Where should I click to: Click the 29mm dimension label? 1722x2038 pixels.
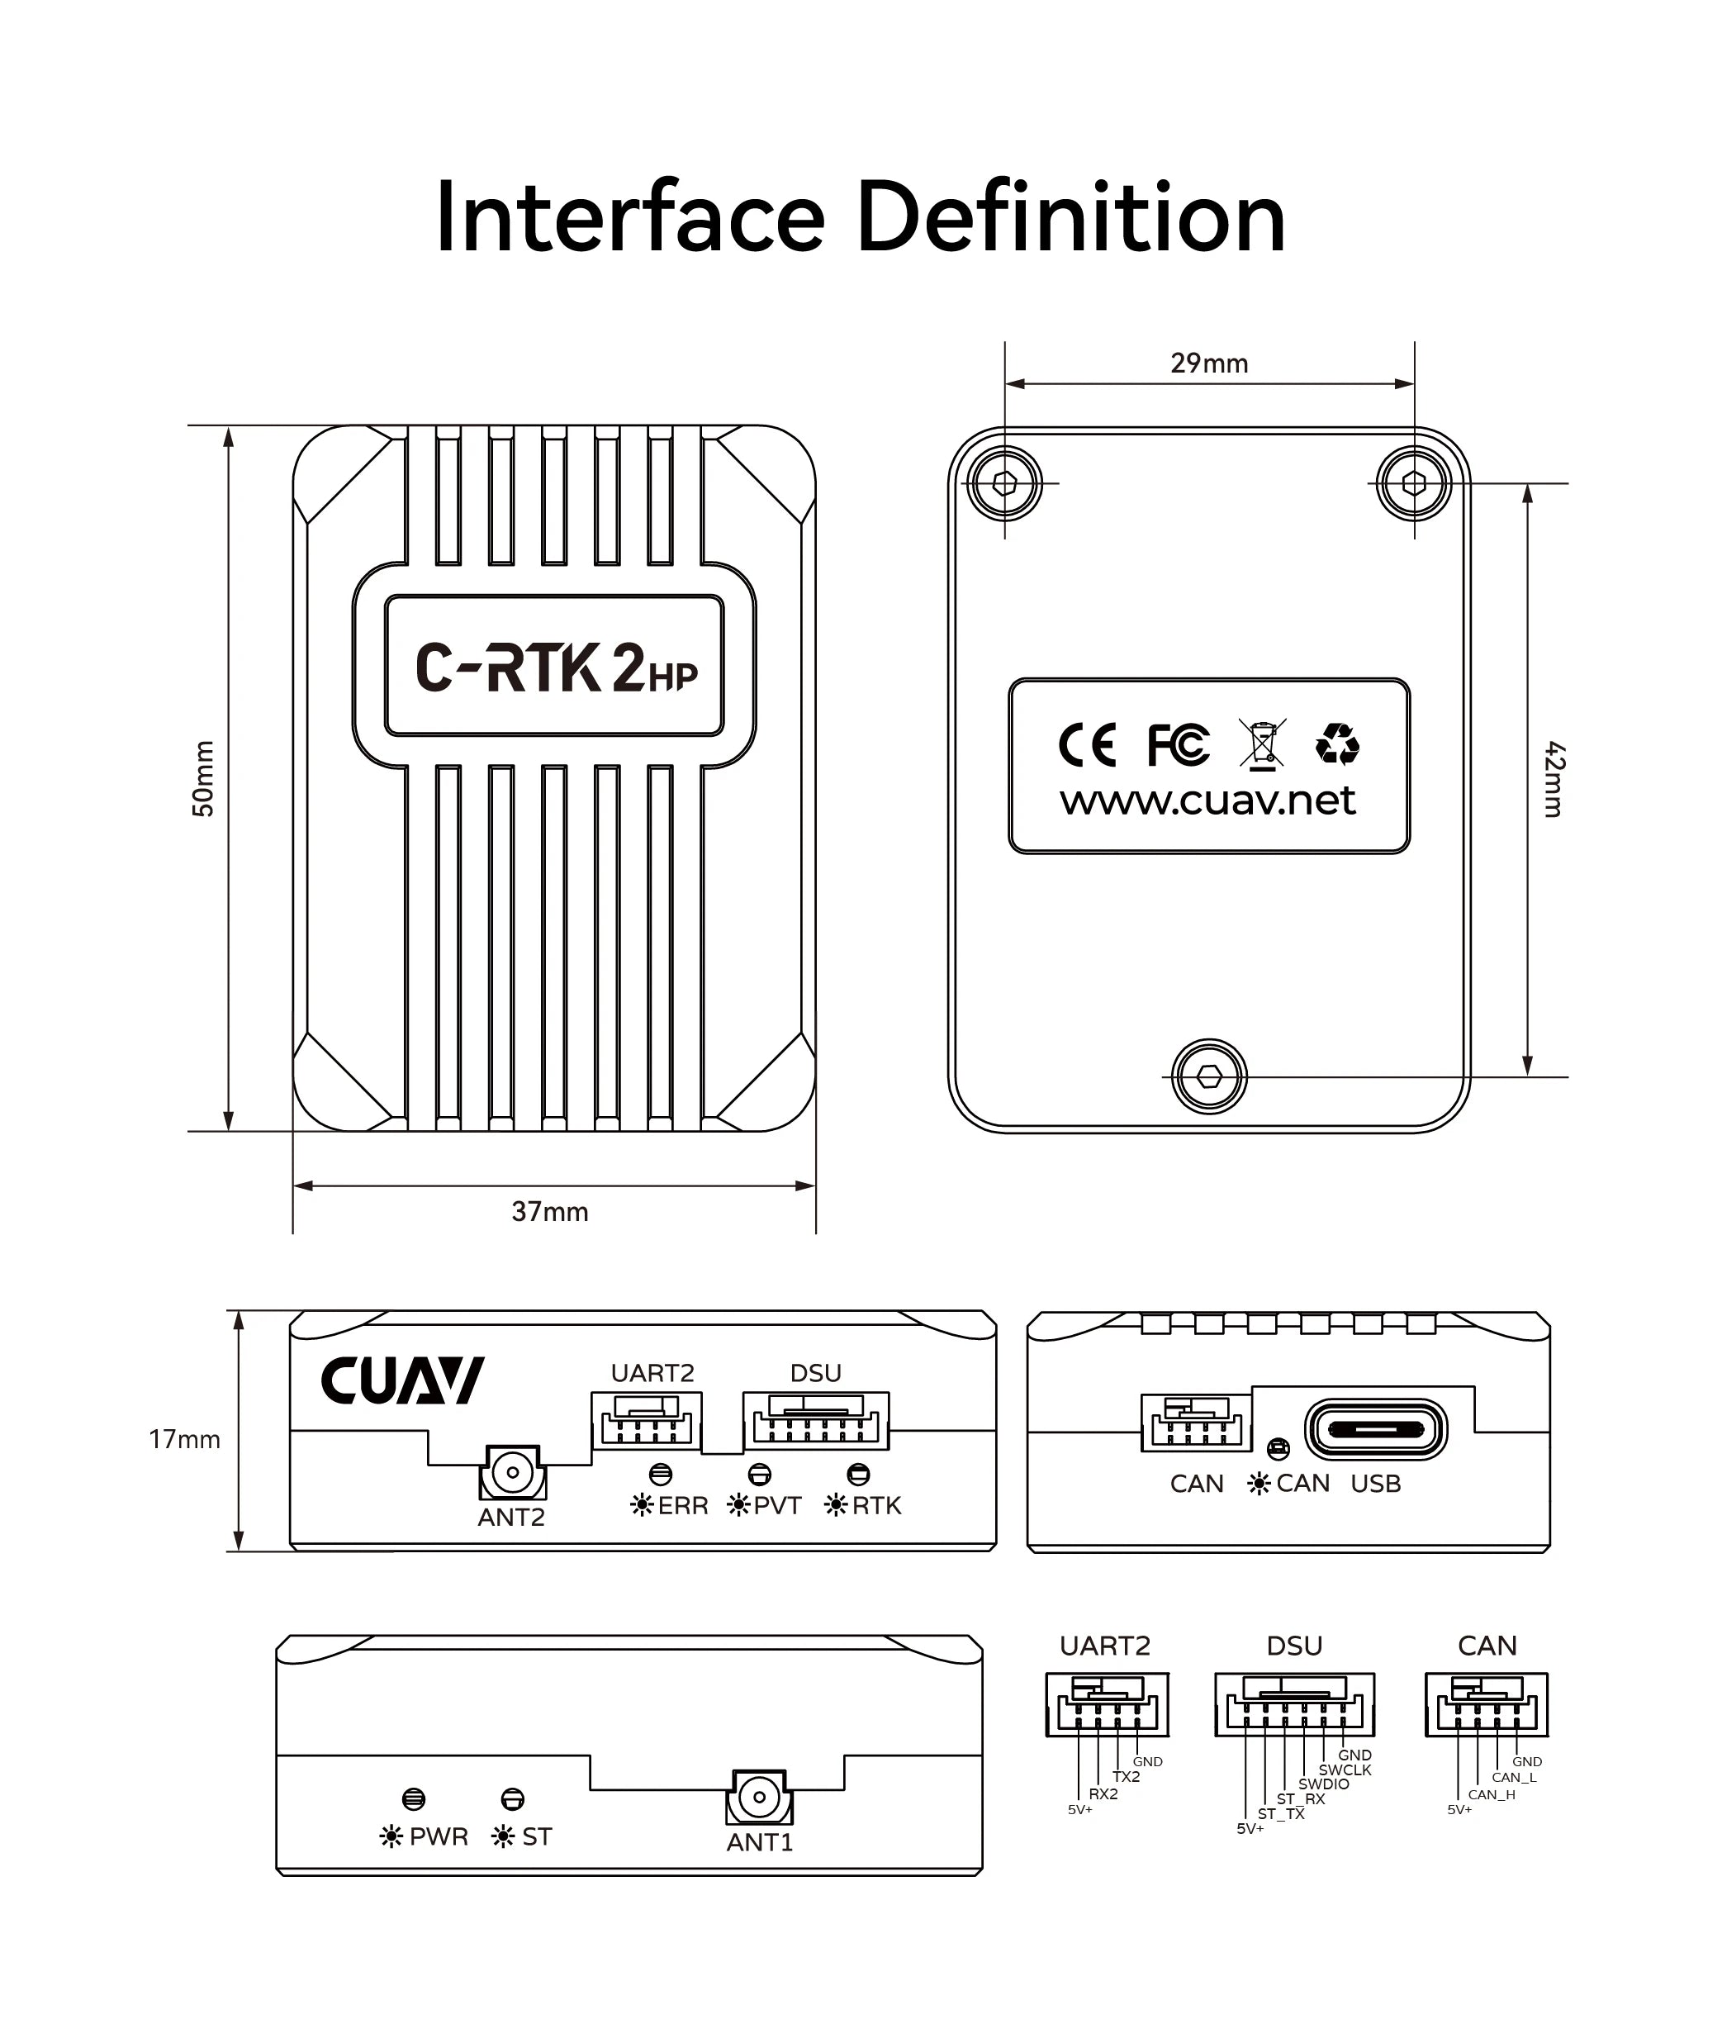click(x=1208, y=363)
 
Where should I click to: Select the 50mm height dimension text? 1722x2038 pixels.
click(x=203, y=778)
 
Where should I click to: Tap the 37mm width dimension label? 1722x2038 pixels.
click(x=549, y=1212)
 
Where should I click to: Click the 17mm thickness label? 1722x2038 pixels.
click(x=184, y=1439)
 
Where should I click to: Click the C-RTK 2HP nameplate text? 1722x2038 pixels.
click(x=556, y=668)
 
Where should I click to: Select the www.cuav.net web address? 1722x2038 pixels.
click(x=1207, y=800)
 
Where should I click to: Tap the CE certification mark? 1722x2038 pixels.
click(x=1087, y=746)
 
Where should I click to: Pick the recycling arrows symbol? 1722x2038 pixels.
click(x=1336, y=744)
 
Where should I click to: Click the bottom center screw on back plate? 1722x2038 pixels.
click(x=1208, y=1076)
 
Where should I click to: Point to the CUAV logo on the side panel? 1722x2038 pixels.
click(x=402, y=1380)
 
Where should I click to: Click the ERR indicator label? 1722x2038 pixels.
click(x=682, y=1506)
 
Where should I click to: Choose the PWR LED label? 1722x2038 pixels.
click(x=439, y=1836)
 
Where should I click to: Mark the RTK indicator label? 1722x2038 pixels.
click(x=875, y=1506)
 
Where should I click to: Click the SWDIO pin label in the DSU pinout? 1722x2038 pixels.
click(x=1323, y=1784)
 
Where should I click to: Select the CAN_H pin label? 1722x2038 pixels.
click(x=1491, y=1795)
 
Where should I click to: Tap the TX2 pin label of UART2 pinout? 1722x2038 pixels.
click(x=1126, y=1776)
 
